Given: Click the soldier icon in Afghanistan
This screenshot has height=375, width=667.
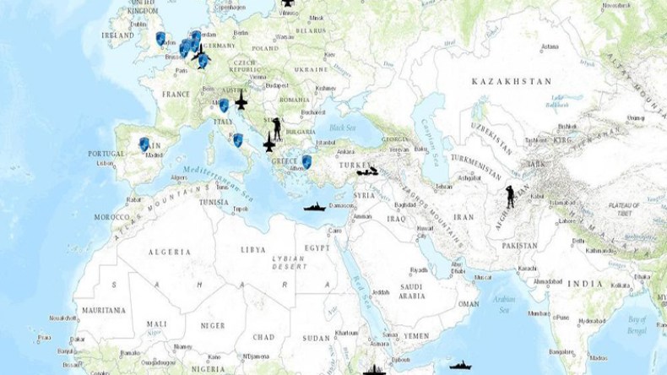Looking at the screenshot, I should [x=510, y=196].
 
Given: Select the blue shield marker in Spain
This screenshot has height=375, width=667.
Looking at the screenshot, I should [x=144, y=144].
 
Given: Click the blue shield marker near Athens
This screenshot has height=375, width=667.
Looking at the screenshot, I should [x=306, y=160].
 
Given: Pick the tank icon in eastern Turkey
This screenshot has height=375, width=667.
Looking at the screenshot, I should [x=367, y=171].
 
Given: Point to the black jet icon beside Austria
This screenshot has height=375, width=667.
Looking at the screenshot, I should [x=241, y=103].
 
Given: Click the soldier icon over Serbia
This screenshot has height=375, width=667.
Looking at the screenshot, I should [x=275, y=127].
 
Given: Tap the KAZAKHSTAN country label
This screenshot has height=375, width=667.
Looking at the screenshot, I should [x=512, y=81].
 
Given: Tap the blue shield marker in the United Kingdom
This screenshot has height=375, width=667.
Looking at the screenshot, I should [x=160, y=38].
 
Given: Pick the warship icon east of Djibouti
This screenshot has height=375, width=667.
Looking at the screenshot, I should [x=459, y=366].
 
